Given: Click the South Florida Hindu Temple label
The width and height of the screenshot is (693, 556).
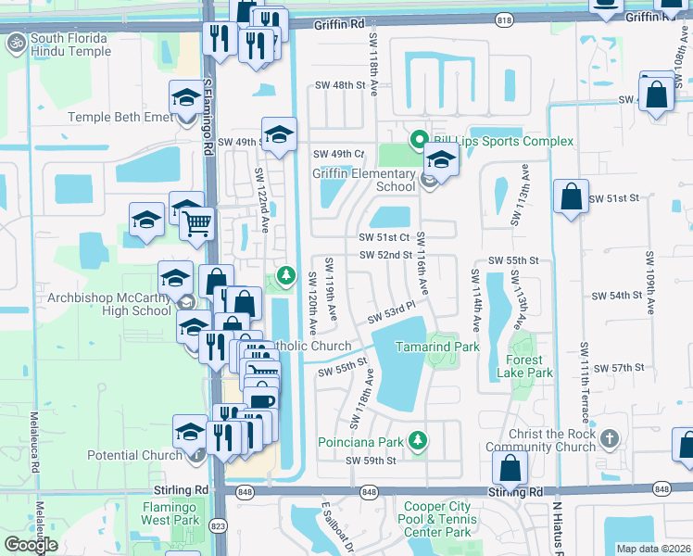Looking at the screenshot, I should (x=69, y=44).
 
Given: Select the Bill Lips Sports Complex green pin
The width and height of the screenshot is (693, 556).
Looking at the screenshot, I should (x=418, y=140).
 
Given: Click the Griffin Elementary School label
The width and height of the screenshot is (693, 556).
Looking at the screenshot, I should (x=363, y=180).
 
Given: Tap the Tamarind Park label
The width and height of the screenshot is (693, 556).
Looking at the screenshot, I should (x=437, y=347).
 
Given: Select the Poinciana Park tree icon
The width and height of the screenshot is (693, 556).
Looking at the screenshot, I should (x=419, y=438).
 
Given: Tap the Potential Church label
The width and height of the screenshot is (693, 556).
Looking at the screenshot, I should (x=135, y=455).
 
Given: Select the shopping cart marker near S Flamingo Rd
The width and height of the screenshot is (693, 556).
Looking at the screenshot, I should (x=196, y=222).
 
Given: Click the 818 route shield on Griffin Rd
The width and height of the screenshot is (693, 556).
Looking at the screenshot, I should (x=503, y=19).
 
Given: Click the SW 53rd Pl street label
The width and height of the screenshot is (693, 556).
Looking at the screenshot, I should (x=389, y=314).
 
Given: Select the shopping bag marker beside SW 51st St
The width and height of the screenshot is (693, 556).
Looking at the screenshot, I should (x=571, y=196).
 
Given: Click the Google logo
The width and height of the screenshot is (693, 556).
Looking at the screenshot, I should (x=31, y=544).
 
